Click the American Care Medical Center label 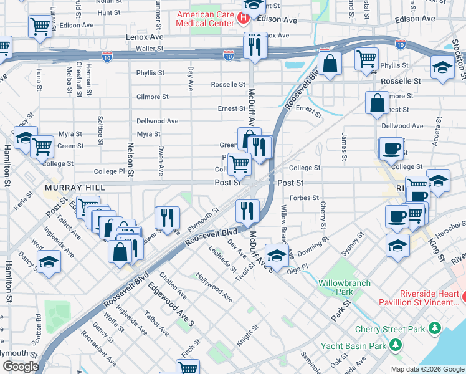pyautogui.click(x=206, y=19)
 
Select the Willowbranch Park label pyautogui.click(x=345, y=287)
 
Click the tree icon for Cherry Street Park pyautogui.click(x=434, y=328)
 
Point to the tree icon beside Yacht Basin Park pyautogui.click(x=395, y=345)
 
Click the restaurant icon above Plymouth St pyautogui.click(x=167, y=217)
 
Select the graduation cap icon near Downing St pyautogui.click(x=277, y=254)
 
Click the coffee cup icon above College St pyautogui.click(x=392, y=149)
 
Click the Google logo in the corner pyautogui.click(x=21, y=366)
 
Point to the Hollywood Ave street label pyautogui.click(x=214, y=287)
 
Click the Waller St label pyautogui.click(x=150, y=48)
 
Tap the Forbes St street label pyautogui.click(x=305, y=198)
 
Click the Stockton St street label pyautogui.click(x=460, y=50)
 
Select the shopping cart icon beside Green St pyautogui.click(x=42, y=147)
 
